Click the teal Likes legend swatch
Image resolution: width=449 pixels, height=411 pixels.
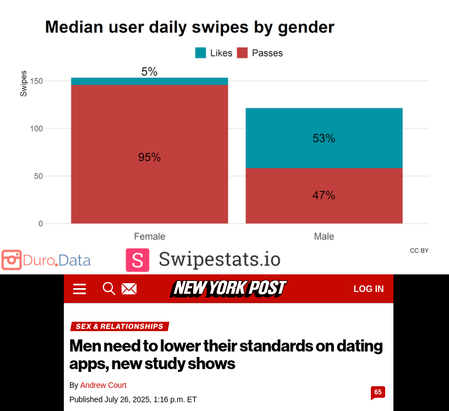200,53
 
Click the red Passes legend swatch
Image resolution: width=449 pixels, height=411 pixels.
242,53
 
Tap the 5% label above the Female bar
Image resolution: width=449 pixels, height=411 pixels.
149,72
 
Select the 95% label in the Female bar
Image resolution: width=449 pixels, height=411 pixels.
149,158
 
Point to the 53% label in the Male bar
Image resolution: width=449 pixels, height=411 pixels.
324,139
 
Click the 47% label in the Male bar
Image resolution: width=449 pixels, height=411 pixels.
324,196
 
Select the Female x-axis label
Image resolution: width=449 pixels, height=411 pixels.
149,236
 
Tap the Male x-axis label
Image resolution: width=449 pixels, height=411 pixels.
324,236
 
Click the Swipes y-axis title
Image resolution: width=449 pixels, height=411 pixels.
24,84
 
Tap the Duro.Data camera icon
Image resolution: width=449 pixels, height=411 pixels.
11,260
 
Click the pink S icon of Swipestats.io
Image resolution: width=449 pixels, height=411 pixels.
138,260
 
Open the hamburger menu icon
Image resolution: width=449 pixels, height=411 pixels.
80,289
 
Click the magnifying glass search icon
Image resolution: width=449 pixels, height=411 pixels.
109,289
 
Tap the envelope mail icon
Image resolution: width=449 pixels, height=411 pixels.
129,289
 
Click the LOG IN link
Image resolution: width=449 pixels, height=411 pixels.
368,289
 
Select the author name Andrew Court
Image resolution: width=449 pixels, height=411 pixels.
103,385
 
